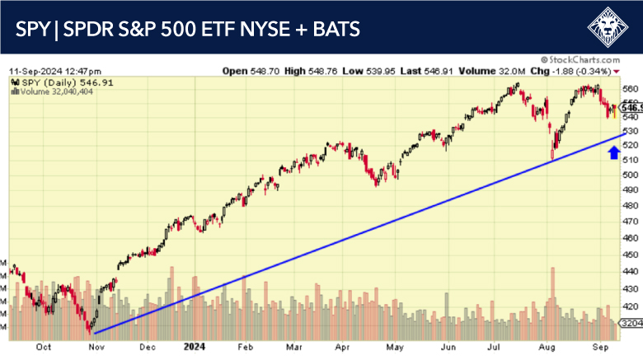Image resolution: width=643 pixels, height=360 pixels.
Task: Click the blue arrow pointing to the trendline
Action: point(613,151)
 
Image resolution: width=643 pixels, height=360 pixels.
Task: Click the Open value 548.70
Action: point(273,71)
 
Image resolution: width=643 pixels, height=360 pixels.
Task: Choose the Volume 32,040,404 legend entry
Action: point(49,92)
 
